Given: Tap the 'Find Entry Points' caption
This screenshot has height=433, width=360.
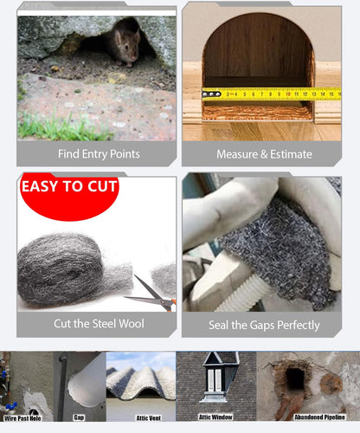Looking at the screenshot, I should (x=99, y=154).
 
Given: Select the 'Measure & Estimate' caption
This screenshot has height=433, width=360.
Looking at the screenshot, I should (x=262, y=154).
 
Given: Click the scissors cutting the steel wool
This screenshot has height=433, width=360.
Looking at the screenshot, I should (x=148, y=294).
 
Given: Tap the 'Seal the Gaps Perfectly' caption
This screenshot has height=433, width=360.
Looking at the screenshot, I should (x=262, y=325).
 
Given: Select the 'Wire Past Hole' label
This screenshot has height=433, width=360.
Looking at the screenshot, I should (x=23, y=417).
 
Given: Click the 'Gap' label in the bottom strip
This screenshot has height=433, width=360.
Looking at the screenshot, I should (x=79, y=417).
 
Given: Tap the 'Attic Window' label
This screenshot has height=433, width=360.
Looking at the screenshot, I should (x=215, y=417).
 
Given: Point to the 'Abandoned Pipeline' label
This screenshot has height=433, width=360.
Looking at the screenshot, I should (x=319, y=417).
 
